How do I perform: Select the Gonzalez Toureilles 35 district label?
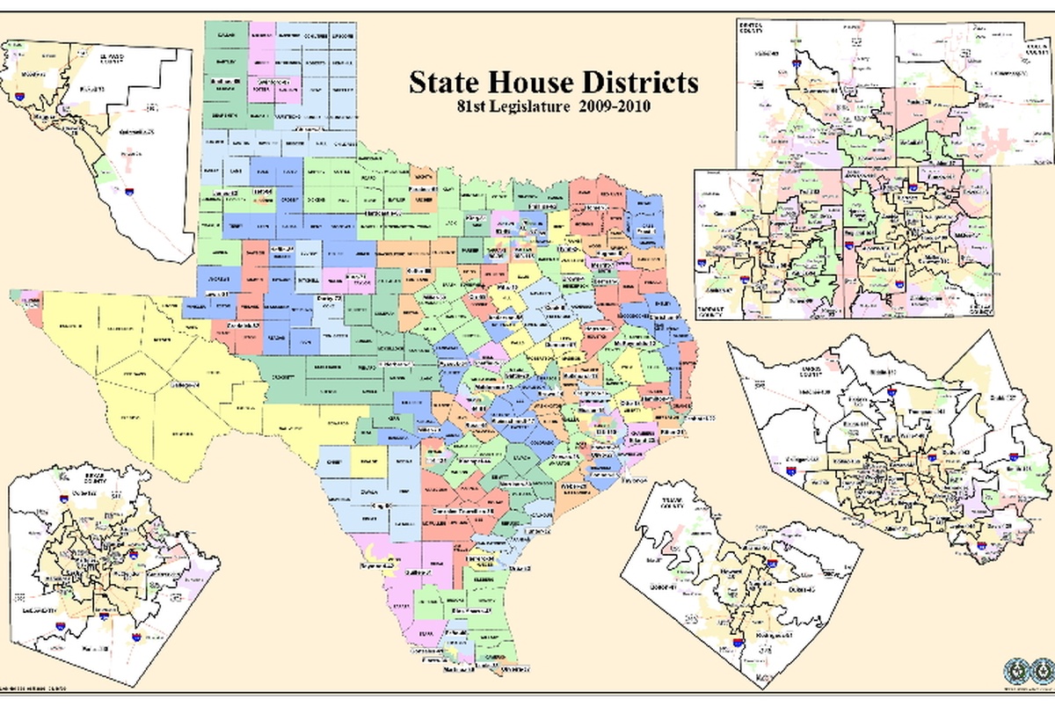(x=461, y=510)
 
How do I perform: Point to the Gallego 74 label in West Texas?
(x=185, y=385)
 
